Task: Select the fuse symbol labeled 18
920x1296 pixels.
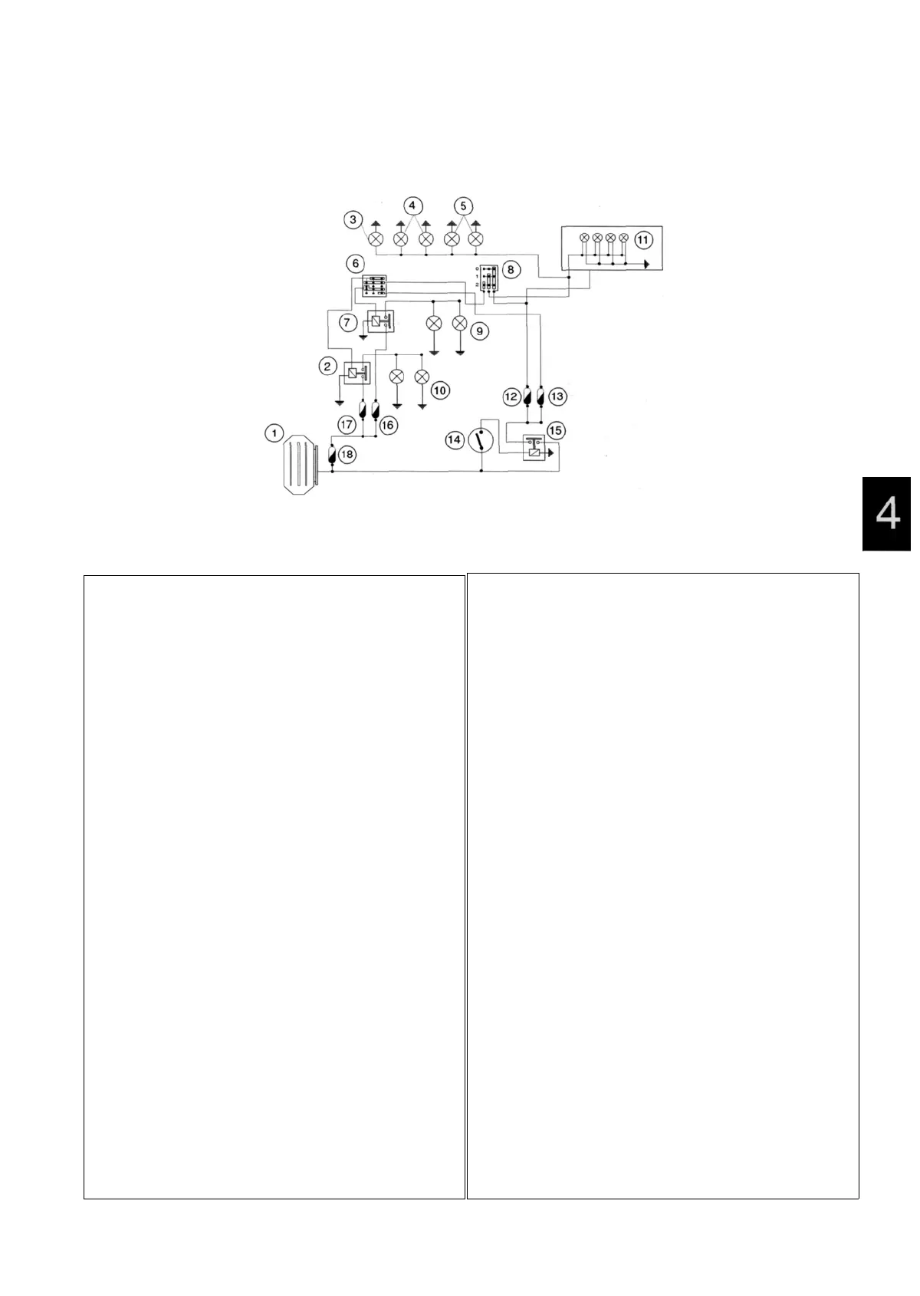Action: pos(330,454)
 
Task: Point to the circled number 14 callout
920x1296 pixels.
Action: pos(455,439)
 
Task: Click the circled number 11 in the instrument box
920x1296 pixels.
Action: pos(643,240)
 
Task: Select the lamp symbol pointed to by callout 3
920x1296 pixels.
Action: pos(376,240)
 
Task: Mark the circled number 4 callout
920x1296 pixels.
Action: pos(412,206)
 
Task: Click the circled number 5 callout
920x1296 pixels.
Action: pos(463,206)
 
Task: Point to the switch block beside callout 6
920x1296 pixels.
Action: pos(373,286)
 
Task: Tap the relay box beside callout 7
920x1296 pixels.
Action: pos(379,322)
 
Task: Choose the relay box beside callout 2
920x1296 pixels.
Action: pos(356,373)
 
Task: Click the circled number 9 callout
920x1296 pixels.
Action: pos(481,331)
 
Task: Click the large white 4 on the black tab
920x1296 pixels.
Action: pos(887,514)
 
